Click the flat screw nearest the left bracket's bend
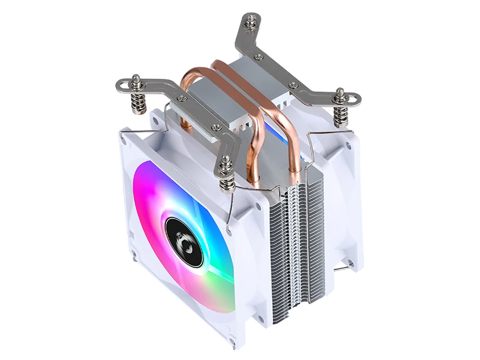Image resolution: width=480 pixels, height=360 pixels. tap(182, 98)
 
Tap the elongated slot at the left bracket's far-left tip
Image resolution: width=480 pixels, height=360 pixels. tap(122, 85)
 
